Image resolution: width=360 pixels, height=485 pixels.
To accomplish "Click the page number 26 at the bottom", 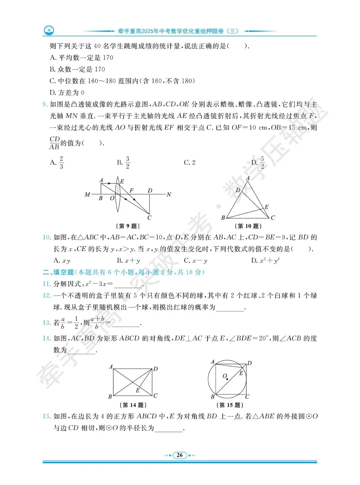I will point(180,455).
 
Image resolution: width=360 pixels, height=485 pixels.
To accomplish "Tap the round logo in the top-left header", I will point(49,31).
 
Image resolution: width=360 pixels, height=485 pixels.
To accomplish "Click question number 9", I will point(45,104).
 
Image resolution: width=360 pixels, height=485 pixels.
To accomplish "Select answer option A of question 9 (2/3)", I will point(57,162).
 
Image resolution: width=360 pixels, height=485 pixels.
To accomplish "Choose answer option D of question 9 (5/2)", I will point(258,162).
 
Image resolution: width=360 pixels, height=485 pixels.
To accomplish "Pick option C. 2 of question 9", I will point(189,162).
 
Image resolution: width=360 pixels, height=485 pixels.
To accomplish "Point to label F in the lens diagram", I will point(131,190).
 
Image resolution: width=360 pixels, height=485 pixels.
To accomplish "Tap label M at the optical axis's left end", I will point(87,194).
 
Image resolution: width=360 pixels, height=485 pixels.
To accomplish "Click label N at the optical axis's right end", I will point(169,194).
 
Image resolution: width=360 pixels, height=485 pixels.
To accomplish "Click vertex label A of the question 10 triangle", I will point(248,178).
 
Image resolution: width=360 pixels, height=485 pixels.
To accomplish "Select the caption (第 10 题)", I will point(248,226).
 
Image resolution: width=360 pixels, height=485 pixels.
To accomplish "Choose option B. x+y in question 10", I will point(128,261).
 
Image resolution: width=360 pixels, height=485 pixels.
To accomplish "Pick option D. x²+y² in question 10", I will point(265,261).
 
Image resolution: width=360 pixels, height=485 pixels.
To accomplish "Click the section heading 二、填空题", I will point(58,272).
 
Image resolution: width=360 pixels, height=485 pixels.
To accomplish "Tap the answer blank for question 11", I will point(128,285).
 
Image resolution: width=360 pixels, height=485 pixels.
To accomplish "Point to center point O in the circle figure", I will point(227,379).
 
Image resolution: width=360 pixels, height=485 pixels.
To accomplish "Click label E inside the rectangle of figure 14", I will point(137,390).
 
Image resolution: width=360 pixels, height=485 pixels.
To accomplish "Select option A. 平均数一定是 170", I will point(81,58).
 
